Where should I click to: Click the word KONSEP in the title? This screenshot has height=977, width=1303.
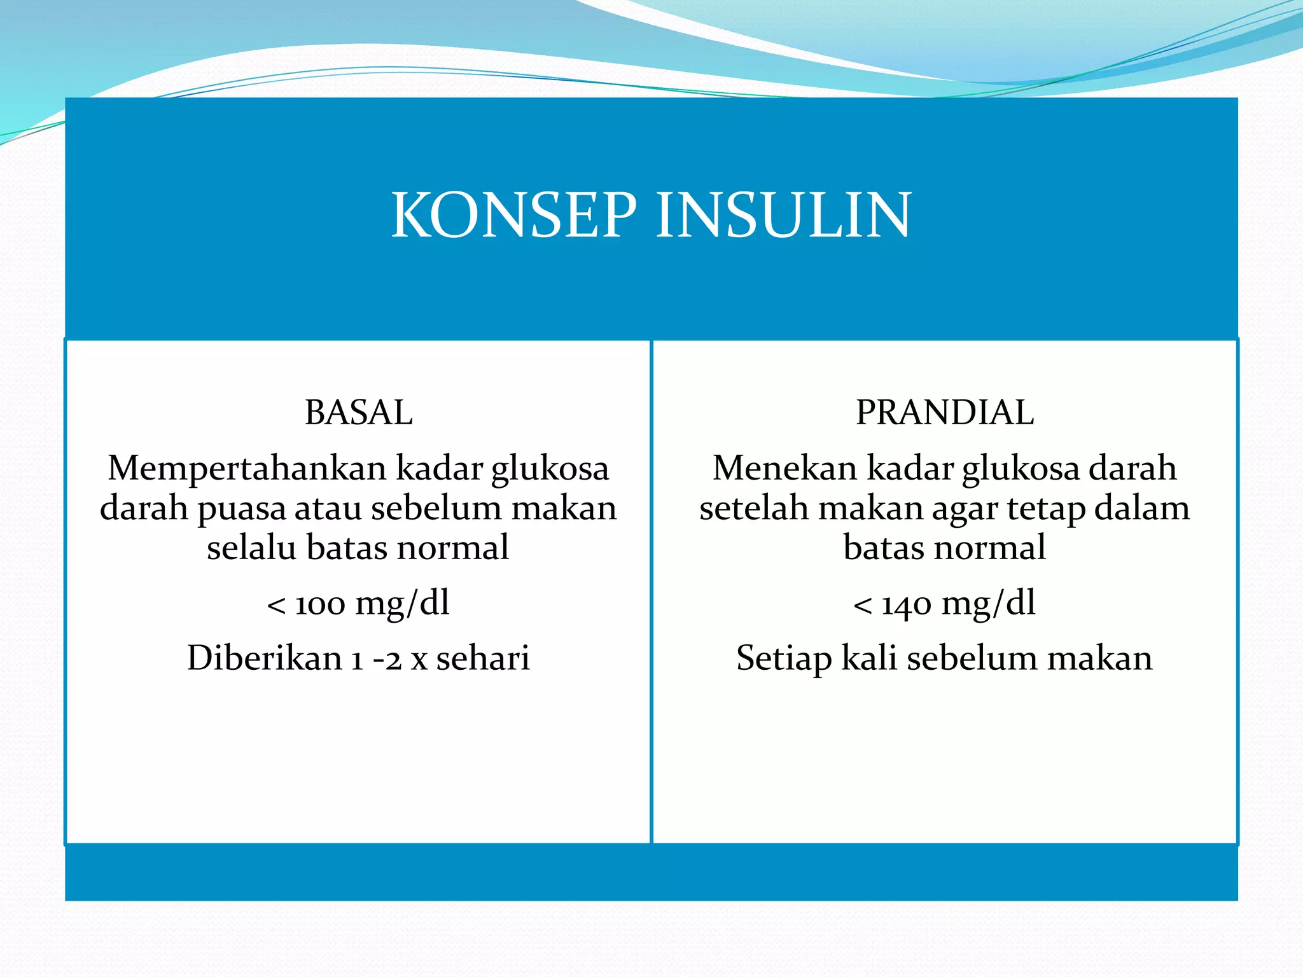(513, 216)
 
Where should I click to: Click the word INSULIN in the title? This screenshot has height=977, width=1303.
(783, 216)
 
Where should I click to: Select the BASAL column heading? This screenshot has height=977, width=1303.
(358, 412)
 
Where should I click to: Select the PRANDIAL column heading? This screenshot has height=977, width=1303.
(944, 412)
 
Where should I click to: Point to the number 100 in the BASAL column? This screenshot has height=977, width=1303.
(320, 604)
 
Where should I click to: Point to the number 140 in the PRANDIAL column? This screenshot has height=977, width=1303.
(907, 604)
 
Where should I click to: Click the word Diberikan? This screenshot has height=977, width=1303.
(264, 658)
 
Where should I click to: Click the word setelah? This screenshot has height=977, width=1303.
(754, 509)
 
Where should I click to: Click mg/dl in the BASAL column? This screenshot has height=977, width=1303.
(402, 604)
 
